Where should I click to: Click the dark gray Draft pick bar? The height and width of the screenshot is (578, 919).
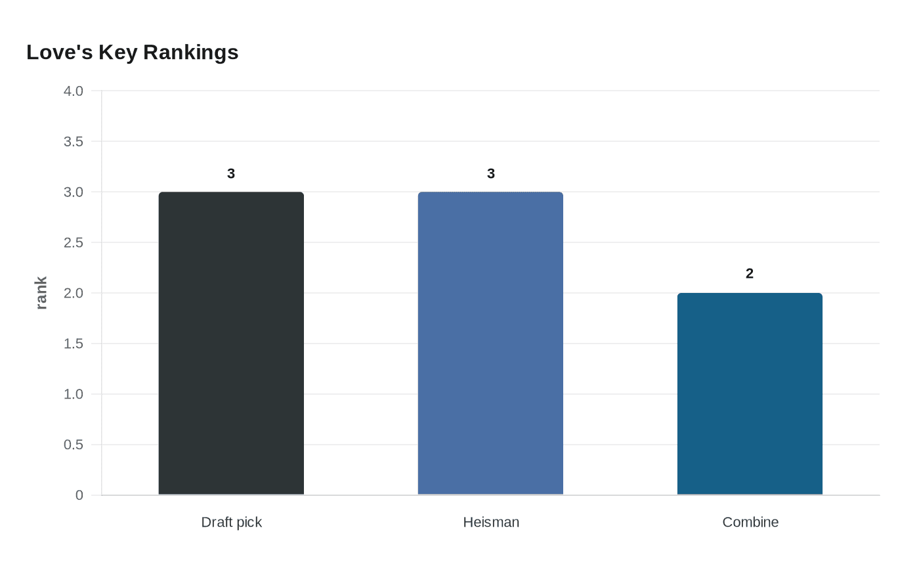point(231,343)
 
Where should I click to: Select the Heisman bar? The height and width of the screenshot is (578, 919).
point(490,343)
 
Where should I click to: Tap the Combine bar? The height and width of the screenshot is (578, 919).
point(750,393)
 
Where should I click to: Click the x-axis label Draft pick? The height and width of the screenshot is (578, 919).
point(231,522)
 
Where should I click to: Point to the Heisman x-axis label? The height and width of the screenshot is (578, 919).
point(491,522)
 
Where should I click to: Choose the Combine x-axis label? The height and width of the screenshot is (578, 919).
point(750,522)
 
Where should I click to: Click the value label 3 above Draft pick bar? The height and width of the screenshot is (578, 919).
point(231,173)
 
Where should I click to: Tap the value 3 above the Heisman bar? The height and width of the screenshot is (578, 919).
point(491,173)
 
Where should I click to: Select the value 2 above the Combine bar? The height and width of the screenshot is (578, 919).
point(750,274)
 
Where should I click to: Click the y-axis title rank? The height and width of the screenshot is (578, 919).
point(41,293)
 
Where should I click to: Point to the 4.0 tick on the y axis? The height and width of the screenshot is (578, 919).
point(74,91)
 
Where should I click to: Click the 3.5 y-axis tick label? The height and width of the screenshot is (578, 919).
point(74,141)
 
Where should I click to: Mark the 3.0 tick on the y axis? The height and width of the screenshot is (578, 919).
point(74,192)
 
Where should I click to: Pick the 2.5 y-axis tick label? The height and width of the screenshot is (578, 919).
point(74,242)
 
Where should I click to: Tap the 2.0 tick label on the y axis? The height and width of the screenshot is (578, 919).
point(74,293)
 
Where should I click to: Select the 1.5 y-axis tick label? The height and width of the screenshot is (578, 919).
point(74,344)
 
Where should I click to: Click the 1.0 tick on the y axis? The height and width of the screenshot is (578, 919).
point(74,394)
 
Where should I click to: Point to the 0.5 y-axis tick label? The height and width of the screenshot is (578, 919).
point(74,445)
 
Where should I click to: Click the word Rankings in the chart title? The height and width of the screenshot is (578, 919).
point(190,53)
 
